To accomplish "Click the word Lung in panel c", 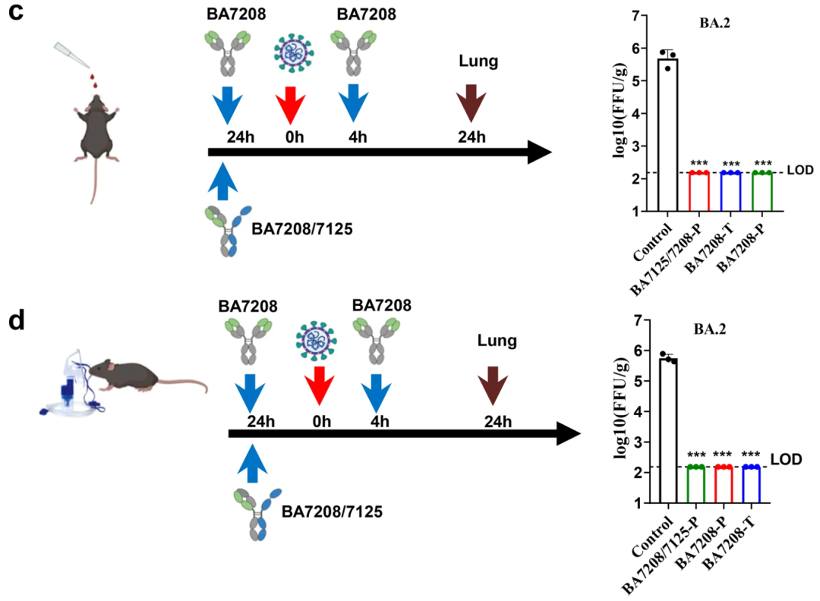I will click(x=479, y=61).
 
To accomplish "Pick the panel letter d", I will click(x=17, y=319).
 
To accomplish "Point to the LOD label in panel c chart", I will click(x=800, y=171).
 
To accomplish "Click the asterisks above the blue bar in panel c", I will click(x=731, y=164).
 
